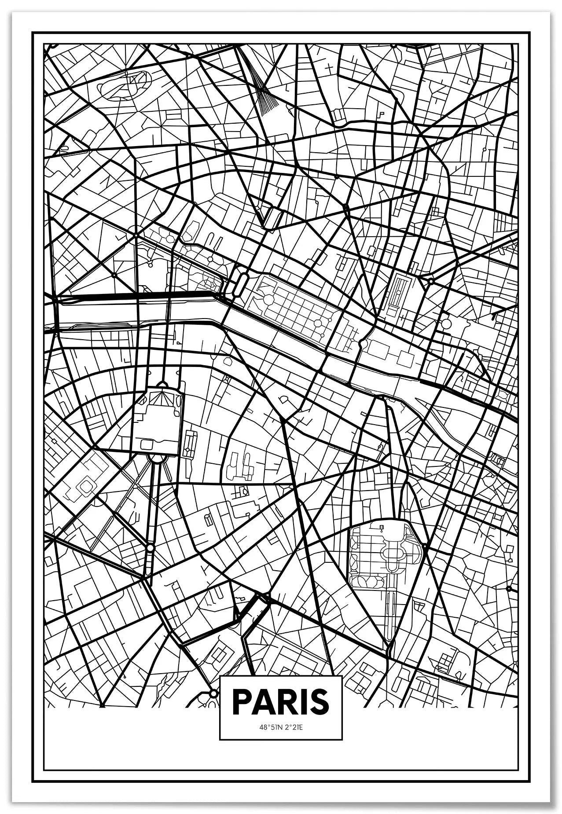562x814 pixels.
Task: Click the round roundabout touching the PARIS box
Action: [x=213, y=694]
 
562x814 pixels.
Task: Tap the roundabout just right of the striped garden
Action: [x=431, y=280]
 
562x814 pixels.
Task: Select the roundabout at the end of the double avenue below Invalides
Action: [x=151, y=548]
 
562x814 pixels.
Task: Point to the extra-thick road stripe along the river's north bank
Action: [x=176, y=293]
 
